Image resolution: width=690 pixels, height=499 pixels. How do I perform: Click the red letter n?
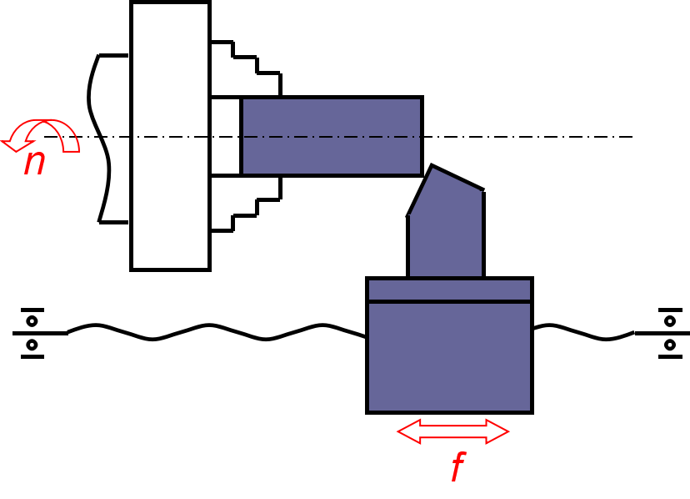pyautogui.click(x=34, y=162)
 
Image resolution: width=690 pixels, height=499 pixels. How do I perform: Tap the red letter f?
pyautogui.click(x=457, y=467)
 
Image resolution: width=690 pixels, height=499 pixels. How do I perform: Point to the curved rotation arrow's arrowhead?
pyautogui.click(x=12, y=145)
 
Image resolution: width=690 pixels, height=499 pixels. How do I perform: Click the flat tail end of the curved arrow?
pyautogui.click(x=71, y=150)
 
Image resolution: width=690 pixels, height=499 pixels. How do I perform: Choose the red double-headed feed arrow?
pyautogui.click(x=452, y=431)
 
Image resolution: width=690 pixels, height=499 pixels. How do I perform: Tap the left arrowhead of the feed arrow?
pyautogui.click(x=405, y=431)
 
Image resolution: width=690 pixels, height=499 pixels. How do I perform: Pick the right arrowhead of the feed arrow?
pyautogui.click(x=501, y=431)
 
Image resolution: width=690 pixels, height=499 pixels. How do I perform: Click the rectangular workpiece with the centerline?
pyautogui.click(x=331, y=154)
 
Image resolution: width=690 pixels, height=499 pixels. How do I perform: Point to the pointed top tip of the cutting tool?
pyautogui.click(x=432, y=169)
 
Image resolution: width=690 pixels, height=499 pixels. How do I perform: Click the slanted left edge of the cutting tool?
pyautogui.click(x=421, y=191)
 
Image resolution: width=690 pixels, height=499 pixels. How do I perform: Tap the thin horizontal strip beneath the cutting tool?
pyautogui.click(x=449, y=290)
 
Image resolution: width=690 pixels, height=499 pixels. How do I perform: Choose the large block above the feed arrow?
pyautogui.click(x=449, y=356)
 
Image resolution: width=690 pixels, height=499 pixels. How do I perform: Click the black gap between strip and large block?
pyautogui.click(x=449, y=301)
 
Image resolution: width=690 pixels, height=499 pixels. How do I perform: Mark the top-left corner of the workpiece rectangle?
pyautogui.click(x=244, y=100)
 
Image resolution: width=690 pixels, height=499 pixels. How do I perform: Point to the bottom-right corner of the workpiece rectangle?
pyautogui.click(x=419, y=173)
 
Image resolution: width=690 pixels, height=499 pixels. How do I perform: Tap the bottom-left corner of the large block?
pyautogui.click(x=370, y=410)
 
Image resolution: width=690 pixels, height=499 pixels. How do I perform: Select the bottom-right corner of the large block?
pyautogui.click(x=529, y=410)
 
